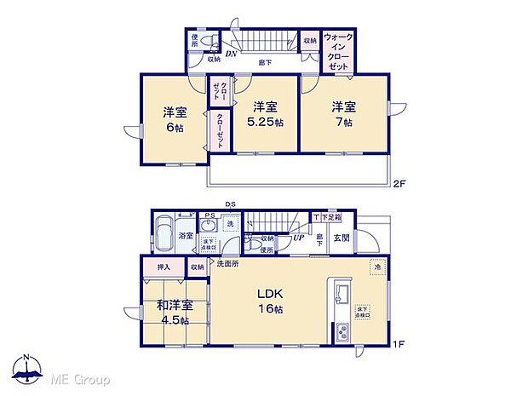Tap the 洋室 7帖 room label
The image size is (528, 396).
pyautogui.click(x=343, y=114)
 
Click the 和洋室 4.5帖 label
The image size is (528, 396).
pyautogui.click(x=174, y=313)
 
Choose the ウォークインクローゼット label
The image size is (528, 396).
pyautogui.click(x=339, y=51)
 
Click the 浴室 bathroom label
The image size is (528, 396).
pyautogui.click(x=187, y=236)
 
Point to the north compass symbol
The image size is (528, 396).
pyautogui.click(x=29, y=371)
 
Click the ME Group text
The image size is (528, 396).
pyautogui.click(x=78, y=377)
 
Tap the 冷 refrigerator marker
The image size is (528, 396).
pyautogui.click(x=376, y=268)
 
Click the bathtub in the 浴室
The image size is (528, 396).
pyautogui.click(x=164, y=235)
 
